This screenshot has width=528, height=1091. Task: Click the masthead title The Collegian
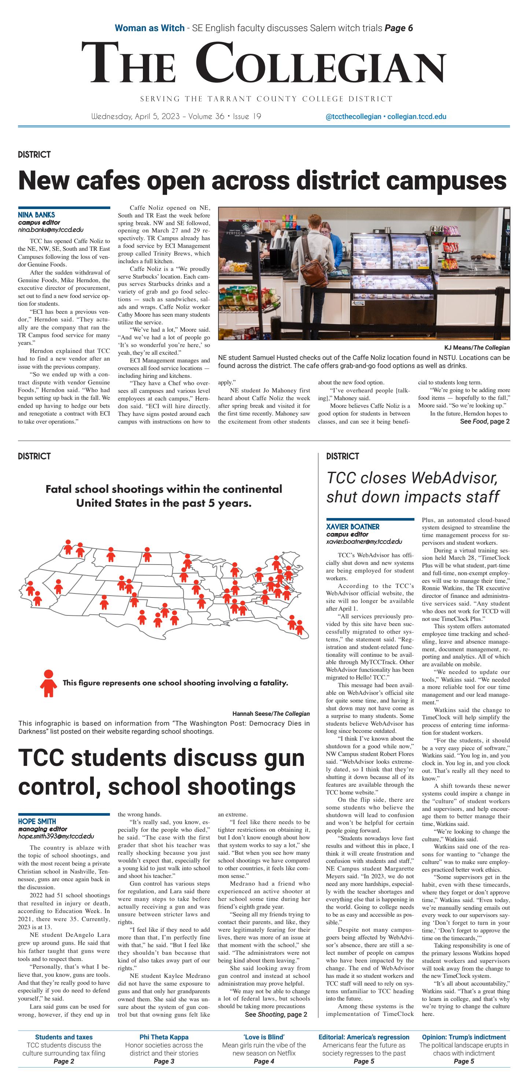(263, 64)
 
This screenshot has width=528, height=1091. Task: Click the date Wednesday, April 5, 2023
(136, 116)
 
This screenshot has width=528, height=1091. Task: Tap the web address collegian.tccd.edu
(417, 117)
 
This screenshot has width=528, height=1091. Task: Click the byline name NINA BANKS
(36, 215)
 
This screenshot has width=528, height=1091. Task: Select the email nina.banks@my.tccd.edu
(51, 230)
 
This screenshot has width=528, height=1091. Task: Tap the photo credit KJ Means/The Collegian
(477, 348)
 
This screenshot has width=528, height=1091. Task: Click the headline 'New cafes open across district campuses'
(262, 180)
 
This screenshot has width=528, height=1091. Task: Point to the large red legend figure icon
(48, 683)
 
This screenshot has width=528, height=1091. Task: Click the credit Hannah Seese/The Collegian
(271, 714)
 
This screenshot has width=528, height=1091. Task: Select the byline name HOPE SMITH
(37, 821)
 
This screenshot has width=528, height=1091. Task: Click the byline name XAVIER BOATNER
(352, 527)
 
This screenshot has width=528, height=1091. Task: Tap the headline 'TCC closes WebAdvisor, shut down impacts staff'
(412, 487)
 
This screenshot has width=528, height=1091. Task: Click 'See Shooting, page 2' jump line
(276, 1014)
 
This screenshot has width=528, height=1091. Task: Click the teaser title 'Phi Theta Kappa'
(164, 1037)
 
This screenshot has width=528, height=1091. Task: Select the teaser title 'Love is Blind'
(263, 1037)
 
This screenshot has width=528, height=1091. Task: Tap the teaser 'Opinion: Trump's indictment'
(464, 1037)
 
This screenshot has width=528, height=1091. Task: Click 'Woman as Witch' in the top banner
(149, 28)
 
